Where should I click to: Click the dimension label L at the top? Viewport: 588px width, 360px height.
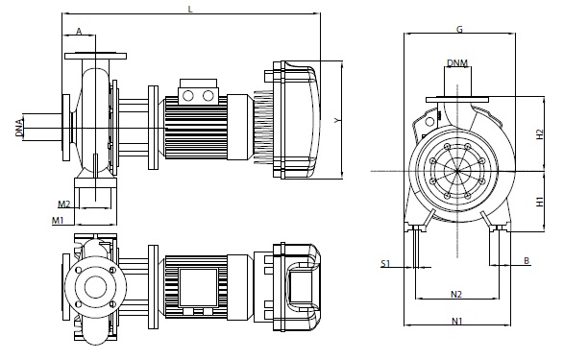point(190,9)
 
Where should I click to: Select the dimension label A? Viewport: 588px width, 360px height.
point(79,31)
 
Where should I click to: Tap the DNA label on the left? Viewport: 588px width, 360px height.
point(19,127)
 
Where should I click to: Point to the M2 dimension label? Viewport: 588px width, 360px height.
point(64,204)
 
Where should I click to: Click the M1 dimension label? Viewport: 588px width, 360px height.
point(58,220)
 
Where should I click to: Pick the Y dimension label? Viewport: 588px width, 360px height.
point(338,120)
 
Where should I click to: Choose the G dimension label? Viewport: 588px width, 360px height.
point(459,29)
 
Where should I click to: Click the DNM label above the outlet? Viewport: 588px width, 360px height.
point(457,62)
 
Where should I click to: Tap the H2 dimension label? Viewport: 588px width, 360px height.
point(540,134)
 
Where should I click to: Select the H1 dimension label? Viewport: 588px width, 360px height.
point(540,202)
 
